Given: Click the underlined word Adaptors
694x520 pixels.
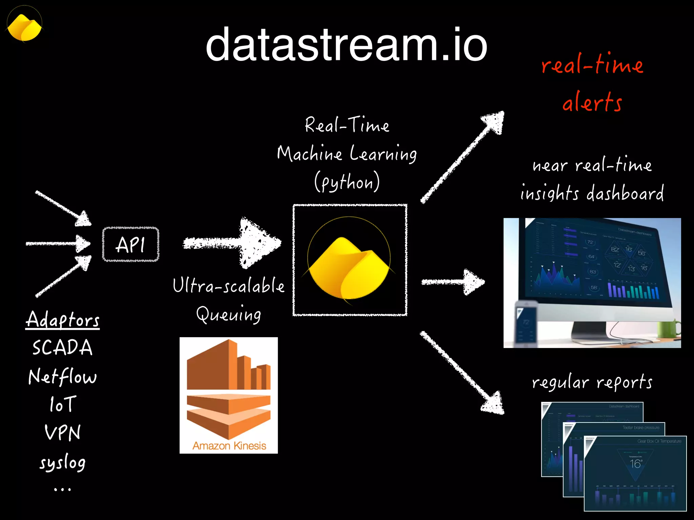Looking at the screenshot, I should [63, 320].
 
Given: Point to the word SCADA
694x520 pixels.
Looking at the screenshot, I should [62, 348].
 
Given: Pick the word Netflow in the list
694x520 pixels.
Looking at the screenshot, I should [63, 376].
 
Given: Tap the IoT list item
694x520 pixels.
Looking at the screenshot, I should [62, 404].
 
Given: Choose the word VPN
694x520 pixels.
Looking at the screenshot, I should [63, 433].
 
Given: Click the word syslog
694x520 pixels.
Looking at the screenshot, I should [63, 462].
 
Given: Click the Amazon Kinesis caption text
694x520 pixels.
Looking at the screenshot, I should [229, 446].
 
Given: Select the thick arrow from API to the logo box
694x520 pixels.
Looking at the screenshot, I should [234, 243].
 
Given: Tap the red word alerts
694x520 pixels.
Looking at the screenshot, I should [592, 102].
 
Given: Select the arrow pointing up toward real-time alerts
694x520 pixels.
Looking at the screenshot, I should [463, 157].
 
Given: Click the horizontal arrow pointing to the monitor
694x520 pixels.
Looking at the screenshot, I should [453, 282].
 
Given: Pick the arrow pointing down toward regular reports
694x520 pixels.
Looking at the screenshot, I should [463, 372].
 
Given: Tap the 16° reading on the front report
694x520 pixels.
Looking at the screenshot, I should [636, 464].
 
